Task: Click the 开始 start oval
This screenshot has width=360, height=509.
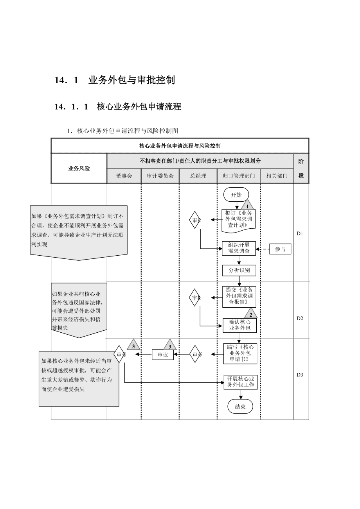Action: tap(236, 195)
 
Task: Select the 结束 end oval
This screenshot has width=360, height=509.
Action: tap(240, 407)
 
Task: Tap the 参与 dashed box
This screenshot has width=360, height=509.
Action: tap(280, 249)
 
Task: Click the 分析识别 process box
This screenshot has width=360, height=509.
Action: tap(239, 270)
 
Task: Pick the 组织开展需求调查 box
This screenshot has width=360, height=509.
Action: tap(239, 248)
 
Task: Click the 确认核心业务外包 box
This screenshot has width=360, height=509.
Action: tap(239, 325)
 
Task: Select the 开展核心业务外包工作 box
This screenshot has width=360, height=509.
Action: tap(241, 382)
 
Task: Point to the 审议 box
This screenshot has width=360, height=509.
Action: tap(162, 355)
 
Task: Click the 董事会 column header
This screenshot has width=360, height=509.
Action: tap(124, 176)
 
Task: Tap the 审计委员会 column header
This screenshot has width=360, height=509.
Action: tap(160, 176)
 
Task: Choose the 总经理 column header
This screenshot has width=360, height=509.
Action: tap(198, 176)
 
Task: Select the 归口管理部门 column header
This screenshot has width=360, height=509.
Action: tap(239, 176)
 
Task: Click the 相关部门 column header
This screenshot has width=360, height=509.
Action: tap(277, 176)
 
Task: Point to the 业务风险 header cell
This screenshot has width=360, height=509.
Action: tap(79, 168)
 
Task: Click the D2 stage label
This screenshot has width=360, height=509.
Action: tap(300, 318)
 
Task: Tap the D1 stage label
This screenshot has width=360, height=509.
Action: tap(300, 233)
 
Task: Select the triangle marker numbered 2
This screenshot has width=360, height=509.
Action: tap(250, 314)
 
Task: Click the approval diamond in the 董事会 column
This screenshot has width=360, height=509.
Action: tap(119, 354)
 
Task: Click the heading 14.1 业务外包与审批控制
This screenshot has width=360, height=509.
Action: tap(115, 80)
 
